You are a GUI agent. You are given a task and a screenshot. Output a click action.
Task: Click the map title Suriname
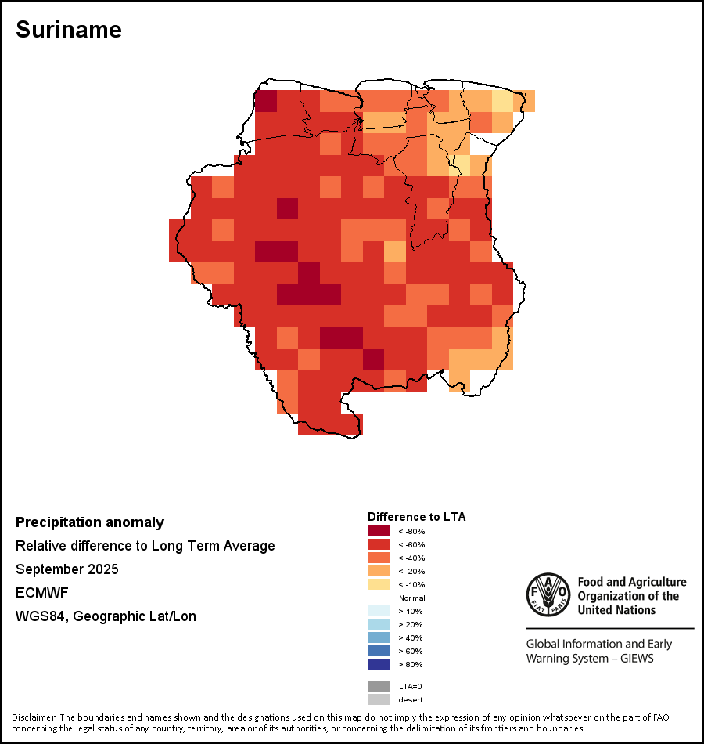[69, 30]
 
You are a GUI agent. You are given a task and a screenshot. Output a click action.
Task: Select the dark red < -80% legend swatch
[379, 531]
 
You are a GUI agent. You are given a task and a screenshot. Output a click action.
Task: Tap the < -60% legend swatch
[379, 544]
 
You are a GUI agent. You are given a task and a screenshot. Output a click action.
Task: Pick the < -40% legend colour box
[379, 558]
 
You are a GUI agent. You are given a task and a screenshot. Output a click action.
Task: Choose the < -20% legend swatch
[379, 571]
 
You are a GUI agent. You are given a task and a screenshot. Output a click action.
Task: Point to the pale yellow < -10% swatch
[379, 584]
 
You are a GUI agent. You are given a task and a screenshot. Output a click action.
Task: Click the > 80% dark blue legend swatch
[379, 664]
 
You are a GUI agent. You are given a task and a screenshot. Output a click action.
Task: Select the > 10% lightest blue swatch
[379, 611]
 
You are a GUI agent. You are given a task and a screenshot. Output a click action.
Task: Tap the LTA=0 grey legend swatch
[379, 686]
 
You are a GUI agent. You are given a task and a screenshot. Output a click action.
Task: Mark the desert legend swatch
[379, 699]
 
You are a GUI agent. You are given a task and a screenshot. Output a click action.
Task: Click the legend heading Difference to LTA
[416, 517]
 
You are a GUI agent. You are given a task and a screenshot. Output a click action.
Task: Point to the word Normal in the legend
[412, 598]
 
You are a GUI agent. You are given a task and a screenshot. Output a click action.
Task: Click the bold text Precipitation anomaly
[90, 522]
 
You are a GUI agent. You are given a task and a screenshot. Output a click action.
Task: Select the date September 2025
[67, 569]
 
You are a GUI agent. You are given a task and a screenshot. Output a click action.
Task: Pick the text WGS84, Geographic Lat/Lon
[106, 616]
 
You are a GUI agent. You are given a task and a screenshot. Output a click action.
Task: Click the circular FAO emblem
[548, 594]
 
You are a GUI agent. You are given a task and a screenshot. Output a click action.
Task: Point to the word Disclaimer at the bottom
[34, 717]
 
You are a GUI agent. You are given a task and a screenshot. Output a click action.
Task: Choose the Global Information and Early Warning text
[598, 651]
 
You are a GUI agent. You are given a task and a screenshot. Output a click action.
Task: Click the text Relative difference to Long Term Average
[145, 546]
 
